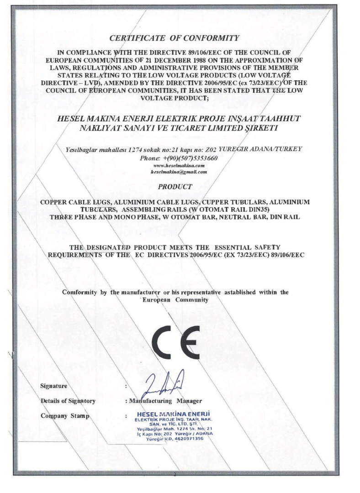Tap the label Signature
pos(53,386)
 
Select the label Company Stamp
pos(62,416)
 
